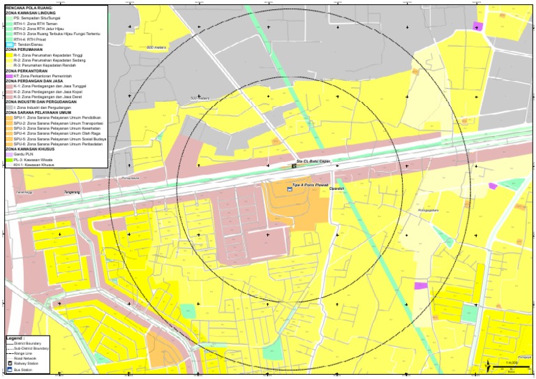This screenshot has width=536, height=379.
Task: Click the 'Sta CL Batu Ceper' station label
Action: coord(313,161)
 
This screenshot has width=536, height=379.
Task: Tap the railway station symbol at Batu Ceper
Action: coord(294,166)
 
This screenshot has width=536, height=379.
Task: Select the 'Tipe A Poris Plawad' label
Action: coord(311,185)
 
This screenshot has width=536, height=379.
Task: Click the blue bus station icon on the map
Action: coord(290,188)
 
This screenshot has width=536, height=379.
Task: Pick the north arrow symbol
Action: coord(486,364)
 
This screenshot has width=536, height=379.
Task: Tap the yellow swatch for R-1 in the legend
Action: coord(8,56)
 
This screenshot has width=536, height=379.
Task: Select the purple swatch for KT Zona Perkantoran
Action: coord(8,76)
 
